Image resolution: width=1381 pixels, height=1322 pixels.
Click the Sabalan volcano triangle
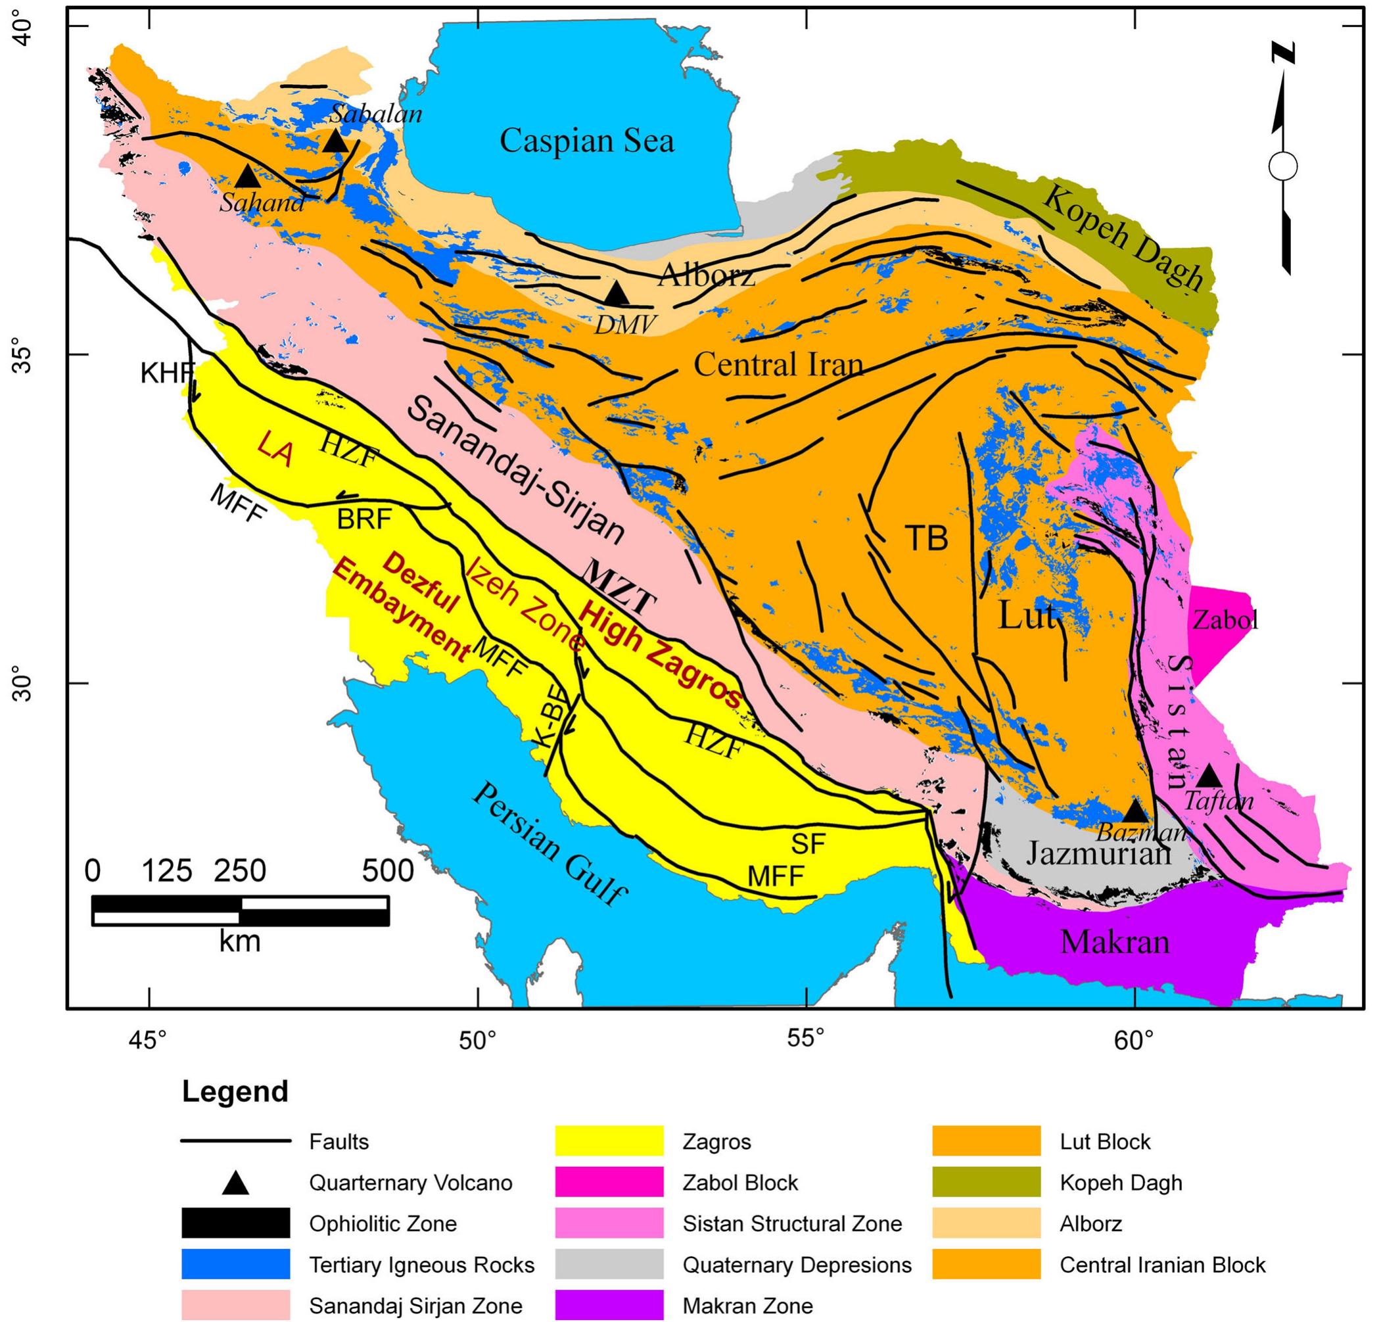(335, 141)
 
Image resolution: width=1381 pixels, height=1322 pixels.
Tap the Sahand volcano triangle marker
(248, 176)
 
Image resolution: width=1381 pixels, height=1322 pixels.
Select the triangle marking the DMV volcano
(617, 294)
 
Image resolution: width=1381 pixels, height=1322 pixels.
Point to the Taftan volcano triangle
(1209, 776)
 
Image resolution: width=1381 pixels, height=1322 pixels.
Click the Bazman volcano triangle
(1135, 811)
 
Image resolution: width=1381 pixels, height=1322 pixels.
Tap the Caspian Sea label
(586, 140)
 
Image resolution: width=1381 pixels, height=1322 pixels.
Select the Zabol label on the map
(1225, 620)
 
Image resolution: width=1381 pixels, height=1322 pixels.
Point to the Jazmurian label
(1098, 854)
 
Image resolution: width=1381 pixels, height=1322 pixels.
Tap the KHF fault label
(166, 373)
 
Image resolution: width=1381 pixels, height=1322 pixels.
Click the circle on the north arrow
(1283, 167)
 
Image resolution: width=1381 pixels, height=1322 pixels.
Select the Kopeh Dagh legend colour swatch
(986, 1182)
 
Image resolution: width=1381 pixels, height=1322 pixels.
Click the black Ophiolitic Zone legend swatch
(235, 1223)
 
